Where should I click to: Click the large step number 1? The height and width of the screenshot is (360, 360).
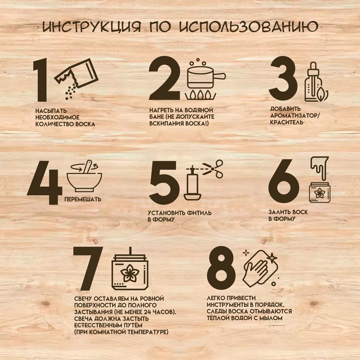click(x=41, y=80)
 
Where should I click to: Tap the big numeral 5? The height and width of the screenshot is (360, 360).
click(x=164, y=181)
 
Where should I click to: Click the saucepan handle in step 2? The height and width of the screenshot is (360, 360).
click(x=219, y=76)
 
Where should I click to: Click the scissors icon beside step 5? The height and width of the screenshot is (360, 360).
click(x=212, y=169)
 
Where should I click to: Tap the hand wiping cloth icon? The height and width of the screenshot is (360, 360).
click(x=261, y=269)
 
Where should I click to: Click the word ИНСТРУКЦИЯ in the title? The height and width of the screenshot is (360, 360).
click(x=91, y=27)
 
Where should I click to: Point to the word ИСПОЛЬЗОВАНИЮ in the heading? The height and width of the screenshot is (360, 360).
click(x=248, y=26)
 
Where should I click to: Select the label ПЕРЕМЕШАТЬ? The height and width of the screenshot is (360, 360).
click(x=83, y=199)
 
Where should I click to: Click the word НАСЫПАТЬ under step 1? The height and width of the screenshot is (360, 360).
click(x=51, y=111)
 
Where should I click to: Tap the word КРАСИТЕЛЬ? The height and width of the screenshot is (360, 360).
click(x=286, y=122)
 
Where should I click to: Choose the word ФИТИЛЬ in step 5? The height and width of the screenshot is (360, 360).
click(x=199, y=213)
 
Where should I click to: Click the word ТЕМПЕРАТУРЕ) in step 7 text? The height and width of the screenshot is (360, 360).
click(x=148, y=332)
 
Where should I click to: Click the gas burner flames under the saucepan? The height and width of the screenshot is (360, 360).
click(x=201, y=95)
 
